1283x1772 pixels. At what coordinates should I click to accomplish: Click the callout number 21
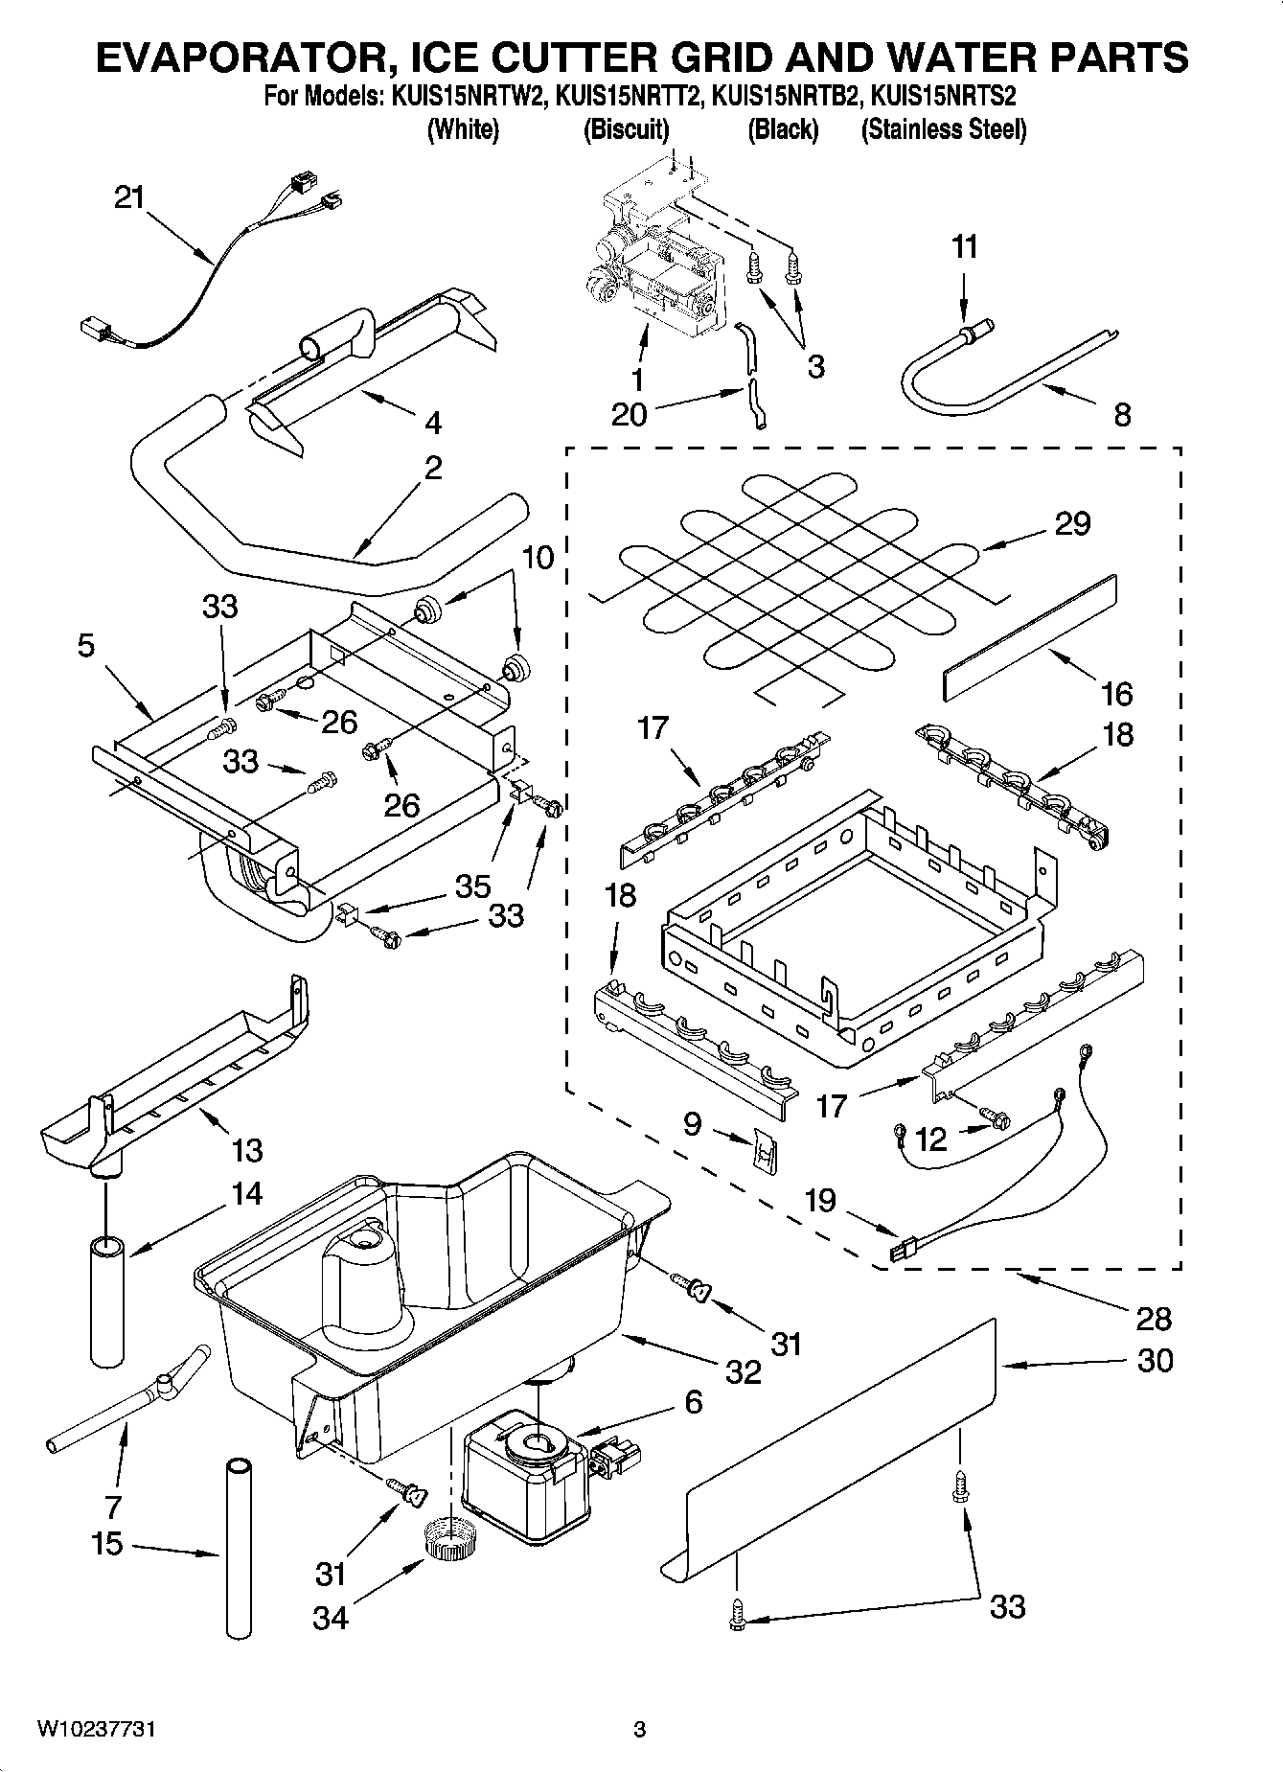(128, 197)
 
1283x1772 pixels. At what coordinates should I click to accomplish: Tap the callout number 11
(965, 246)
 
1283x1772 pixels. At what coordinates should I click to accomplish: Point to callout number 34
(331, 1618)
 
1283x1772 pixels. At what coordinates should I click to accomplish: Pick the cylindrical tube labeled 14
(107, 1300)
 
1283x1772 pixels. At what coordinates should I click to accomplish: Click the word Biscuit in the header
(626, 129)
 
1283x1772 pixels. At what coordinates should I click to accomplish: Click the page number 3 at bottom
(639, 1729)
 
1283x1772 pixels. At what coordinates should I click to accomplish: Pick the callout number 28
(1153, 1319)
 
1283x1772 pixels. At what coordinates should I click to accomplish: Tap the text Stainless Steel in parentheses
(944, 129)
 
